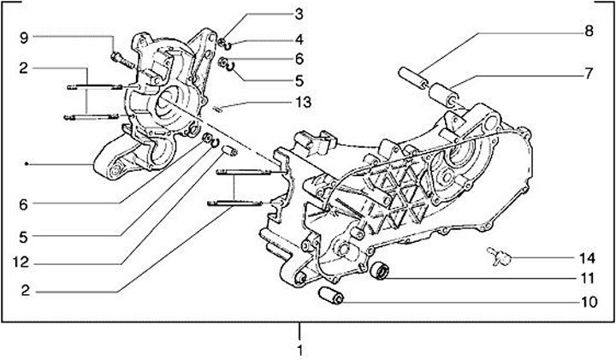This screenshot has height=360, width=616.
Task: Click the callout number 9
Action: pos(24,37)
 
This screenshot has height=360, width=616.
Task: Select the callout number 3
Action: pos(299,14)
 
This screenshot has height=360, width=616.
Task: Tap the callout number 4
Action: pos(299,38)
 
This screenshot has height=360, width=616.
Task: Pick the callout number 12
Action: pos(25,262)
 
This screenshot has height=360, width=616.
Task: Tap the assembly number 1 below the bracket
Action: pos(299,350)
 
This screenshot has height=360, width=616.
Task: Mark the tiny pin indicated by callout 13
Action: pos(219,107)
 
